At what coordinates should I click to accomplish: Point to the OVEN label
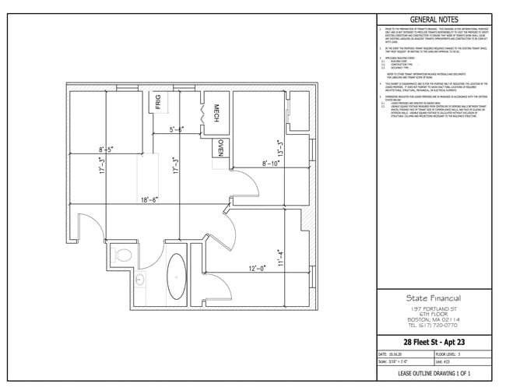pos(221,148)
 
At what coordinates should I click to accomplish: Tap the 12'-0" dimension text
pos(258,268)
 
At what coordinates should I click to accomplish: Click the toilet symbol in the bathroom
pos(123,252)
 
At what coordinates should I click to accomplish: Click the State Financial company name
pos(433,298)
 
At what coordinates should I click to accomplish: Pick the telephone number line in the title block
pos(433,326)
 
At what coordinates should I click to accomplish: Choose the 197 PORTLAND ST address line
pos(433,309)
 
